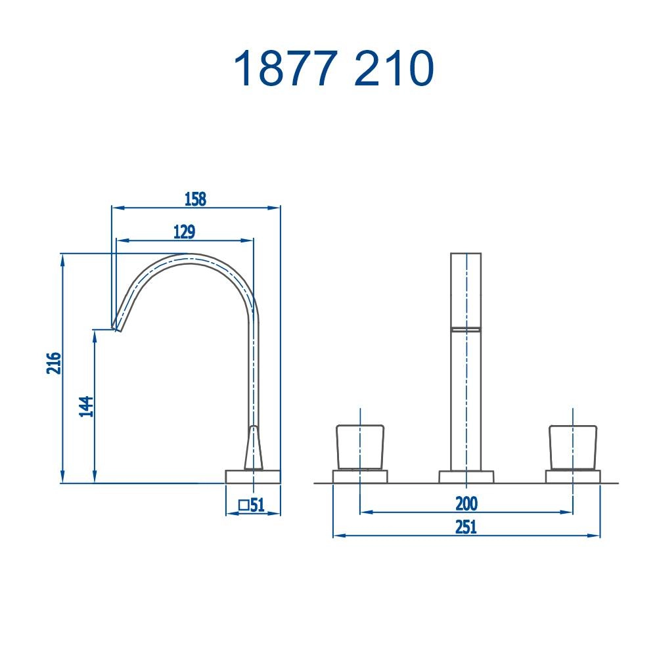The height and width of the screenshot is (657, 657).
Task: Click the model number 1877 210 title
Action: pyautogui.click(x=333, y=69)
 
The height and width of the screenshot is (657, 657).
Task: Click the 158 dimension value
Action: pyautogui.click(x=195, y=199)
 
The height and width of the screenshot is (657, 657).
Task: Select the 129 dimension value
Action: pyautogui.click(x=184, y=232)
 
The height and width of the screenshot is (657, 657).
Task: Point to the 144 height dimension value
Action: pyautogui.click(x=86, y=406)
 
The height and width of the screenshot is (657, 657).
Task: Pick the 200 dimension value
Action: pyautogui.click(x=466, y=504)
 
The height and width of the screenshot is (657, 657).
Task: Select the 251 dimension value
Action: pyautogui.click(x=466, y=527)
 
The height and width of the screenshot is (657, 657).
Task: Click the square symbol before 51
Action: pyautogui.click(x=243, y=505)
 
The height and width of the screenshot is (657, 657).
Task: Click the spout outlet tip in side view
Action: pyautogui.click(x=117, y=325)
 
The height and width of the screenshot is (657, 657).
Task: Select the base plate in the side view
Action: pyautogui.click(x=253, y=476)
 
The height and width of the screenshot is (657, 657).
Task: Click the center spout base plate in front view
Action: pyautogui.click(x=466, y=477)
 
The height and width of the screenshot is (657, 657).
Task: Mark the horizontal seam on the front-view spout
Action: pyautogui.click(x=466, y=328)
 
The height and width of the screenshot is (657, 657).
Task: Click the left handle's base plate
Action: pyautogui.click(x=360, y=476)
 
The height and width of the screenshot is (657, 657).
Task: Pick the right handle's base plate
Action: pyautogui.click(x=573, y=476)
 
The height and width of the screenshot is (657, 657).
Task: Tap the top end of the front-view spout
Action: pyautogui.click(x=466, y=254)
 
